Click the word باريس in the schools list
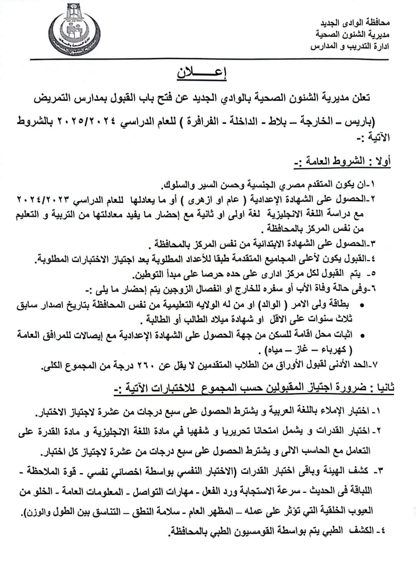coord(387,122)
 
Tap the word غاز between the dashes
coord(305,350)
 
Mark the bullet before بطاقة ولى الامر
coord(362,305)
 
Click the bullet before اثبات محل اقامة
coord(362,336)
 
